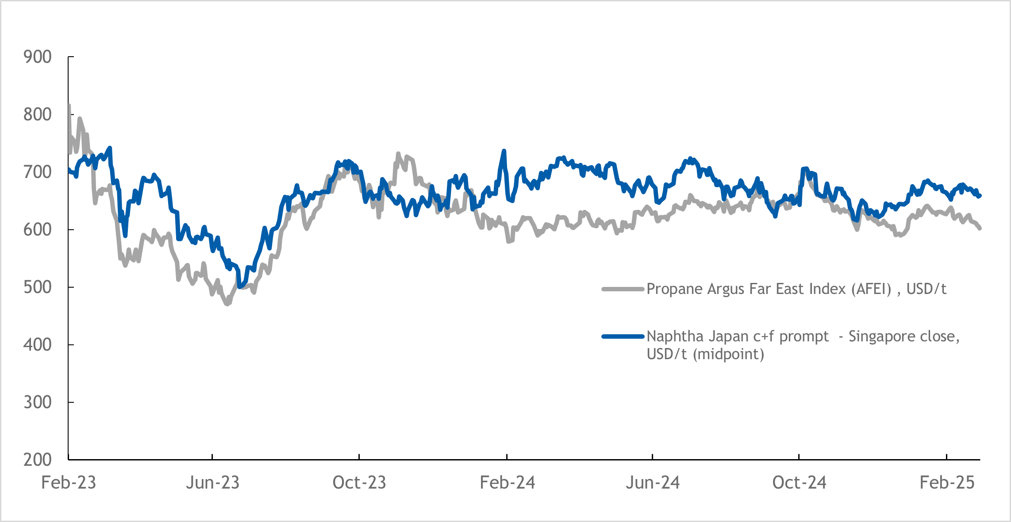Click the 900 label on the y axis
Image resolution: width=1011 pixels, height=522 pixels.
(x=38, y=57)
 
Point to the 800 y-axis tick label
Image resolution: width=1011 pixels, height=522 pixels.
(x=38, y=115)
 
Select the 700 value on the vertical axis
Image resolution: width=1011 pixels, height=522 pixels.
(x=38, y=172)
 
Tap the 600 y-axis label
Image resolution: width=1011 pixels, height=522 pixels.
(x=38, y=230)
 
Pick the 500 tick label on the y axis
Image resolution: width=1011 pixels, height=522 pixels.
(x=38, y=287)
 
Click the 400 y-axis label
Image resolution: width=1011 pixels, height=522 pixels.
(x=38, y=345)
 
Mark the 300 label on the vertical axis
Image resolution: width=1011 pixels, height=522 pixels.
(x=38, y=402)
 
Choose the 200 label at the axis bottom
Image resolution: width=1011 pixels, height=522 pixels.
(x=38, y=460)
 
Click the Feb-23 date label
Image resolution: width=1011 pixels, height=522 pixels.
(x=69, y=483)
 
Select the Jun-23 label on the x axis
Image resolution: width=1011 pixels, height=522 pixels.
(x=212, y=483)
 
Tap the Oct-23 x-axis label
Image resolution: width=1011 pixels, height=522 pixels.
(x=359, y=483)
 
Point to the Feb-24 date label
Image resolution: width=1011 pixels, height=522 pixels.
(x=507, y=483)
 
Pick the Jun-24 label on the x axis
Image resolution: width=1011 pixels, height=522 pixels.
(x=653, y=483)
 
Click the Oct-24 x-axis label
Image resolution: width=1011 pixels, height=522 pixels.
(x=799, y=483)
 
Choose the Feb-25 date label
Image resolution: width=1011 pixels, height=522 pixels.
(x=947, y=483)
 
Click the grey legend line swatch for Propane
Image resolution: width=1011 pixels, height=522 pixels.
(x=623, y=289)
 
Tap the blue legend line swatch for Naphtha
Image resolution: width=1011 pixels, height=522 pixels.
(x=623, y=336)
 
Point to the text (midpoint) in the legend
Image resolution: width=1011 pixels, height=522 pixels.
(x=728, y=354)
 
